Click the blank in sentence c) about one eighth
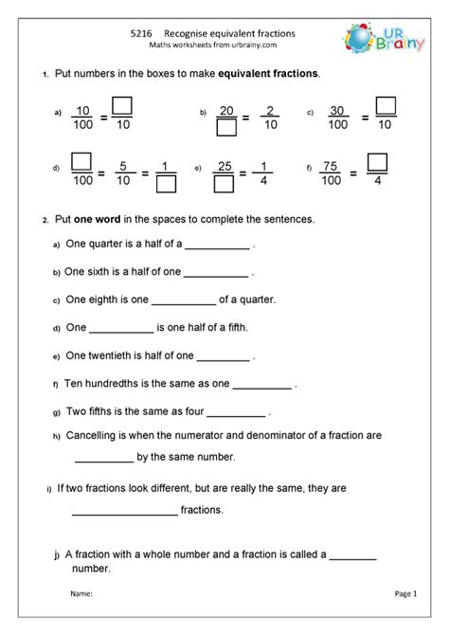point(184,302)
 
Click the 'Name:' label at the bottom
point(81,593)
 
